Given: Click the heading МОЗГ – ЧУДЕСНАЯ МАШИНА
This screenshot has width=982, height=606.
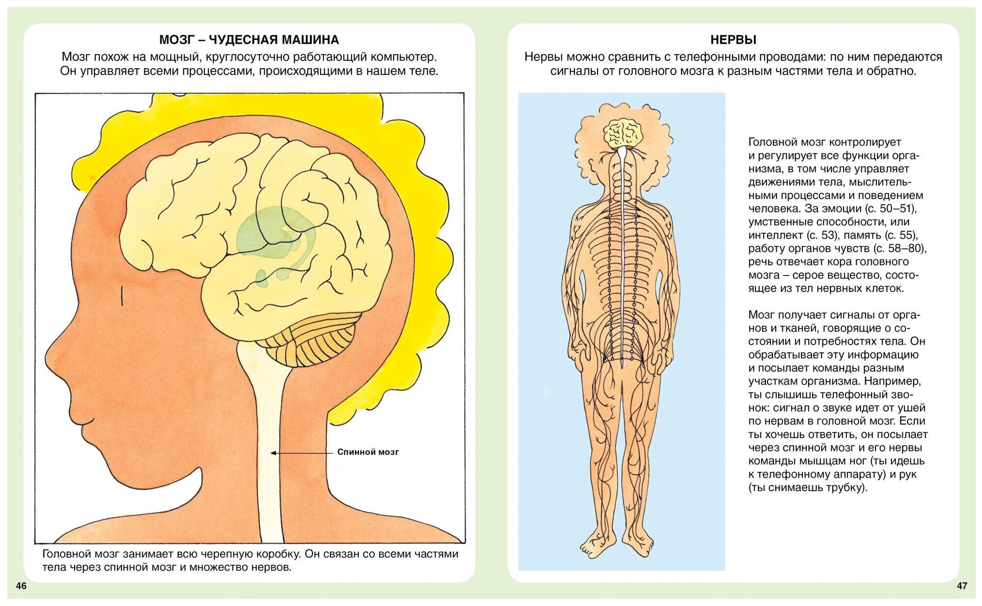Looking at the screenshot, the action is coord(249,40).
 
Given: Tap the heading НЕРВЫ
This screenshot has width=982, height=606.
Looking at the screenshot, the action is coord(733,40).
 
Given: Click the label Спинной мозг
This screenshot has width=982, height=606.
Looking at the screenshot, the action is coord(368,452).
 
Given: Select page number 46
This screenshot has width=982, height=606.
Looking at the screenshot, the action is coord(21,585).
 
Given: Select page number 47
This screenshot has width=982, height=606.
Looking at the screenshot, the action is coord(962,585).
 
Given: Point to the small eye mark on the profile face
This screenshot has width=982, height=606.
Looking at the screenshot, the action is coord(122,295).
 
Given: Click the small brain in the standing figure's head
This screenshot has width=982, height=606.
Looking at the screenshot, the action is coord(623,132).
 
